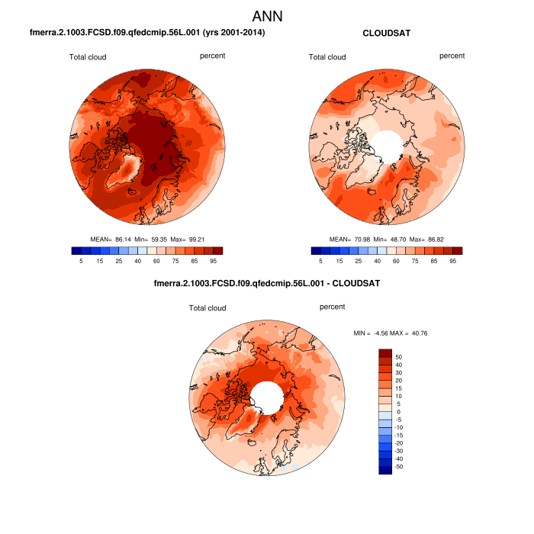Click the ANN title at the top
268,16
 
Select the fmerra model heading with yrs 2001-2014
147,33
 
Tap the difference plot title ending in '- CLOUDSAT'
267,283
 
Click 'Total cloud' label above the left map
88,56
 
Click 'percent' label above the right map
452,56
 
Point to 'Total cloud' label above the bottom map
208,308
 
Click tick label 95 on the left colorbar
217,261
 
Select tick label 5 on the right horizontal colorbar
321,261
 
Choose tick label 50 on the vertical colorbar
398,355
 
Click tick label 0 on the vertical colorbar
398,411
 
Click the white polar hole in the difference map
267,396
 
